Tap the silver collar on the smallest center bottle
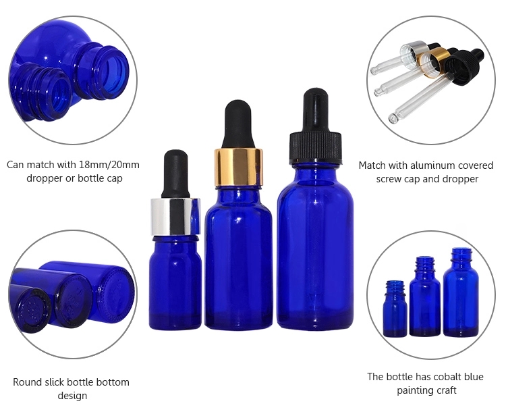coord(175,217)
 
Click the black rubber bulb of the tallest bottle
coord(315,110)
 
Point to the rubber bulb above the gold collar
coord(238,125)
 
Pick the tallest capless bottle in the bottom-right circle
coord(461,292)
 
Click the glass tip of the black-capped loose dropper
coord(393,118)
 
